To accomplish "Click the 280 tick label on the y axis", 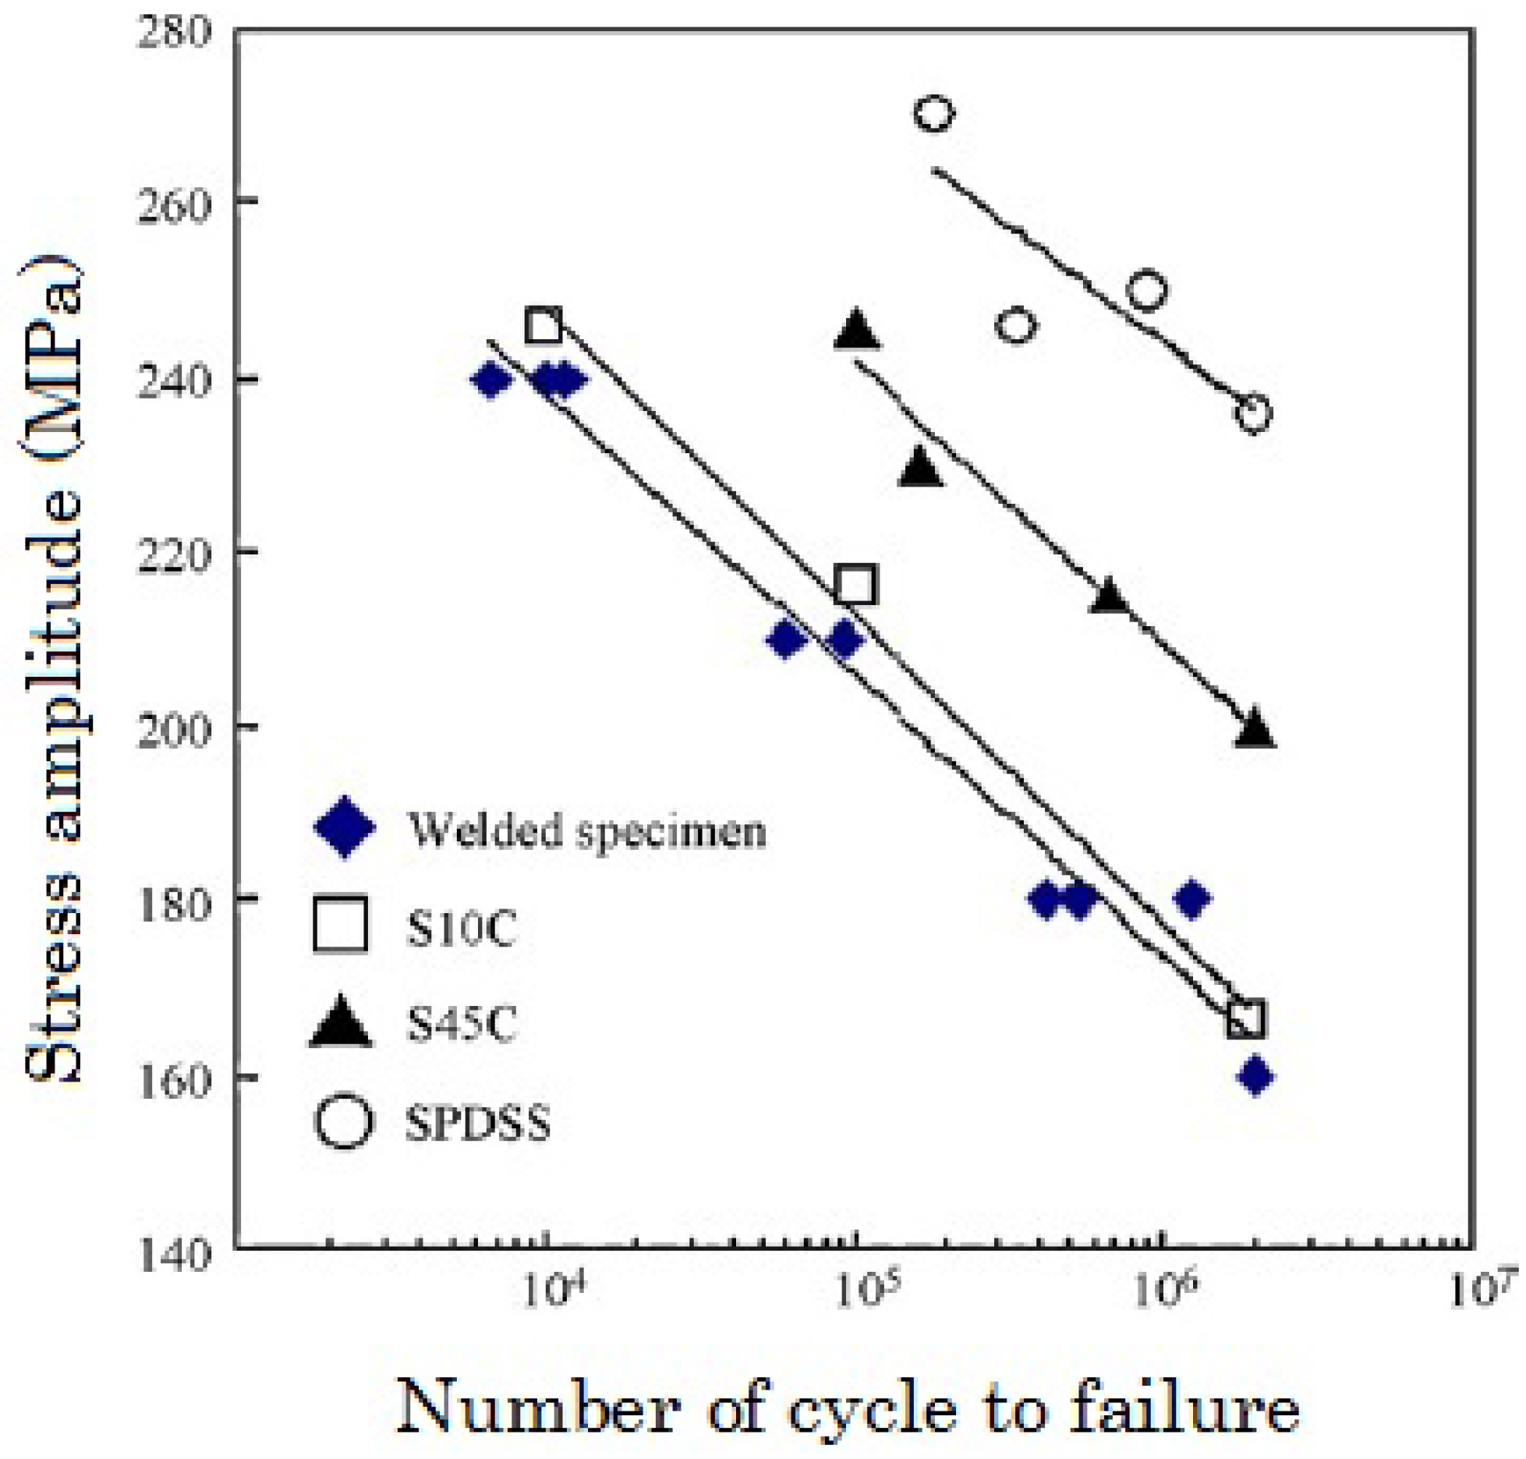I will [173, 33].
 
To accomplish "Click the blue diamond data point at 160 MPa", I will [1255, 1077].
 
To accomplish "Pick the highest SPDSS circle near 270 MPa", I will [933, 114].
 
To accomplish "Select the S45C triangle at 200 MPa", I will [1255, 728].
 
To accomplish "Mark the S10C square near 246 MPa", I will [543, 325].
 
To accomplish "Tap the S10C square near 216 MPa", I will [855, 585].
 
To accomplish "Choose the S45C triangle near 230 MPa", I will [921, 468].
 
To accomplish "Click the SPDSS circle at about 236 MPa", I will [1252, 413].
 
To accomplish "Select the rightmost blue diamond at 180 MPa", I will [1191, 899].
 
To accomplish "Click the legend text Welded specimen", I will [586, 830].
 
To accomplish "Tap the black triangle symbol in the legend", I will [341, 1022].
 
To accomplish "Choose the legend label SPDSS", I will [477, 1124].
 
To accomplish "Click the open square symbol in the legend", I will [340, 925].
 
